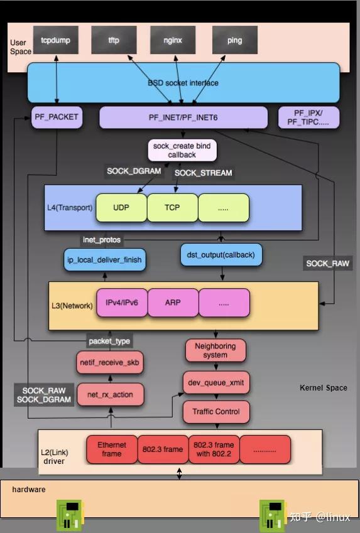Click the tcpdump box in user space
click(x=56, y=40)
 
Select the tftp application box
click(x=114, y=40)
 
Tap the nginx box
click(x=173, y=40)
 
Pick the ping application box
click(x=234, y=40)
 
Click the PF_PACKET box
click(x=57, y=117)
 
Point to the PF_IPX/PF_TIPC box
click(x=308, y=117)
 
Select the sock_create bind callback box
click(x=182, y=150)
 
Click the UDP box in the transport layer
click(x=121, y=207)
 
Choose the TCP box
click(x=172, y=207)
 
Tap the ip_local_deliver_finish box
click(x=106, y=259)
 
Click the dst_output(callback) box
click(x=221, y=255)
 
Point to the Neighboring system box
click(x=215, y=350)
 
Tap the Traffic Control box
click(x=215, y=412)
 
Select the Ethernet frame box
click(x=111, y=449)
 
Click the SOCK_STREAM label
click(x=203, y=173)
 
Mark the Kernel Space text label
click(x=323, y=388)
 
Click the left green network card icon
click(x=70, y=515)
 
